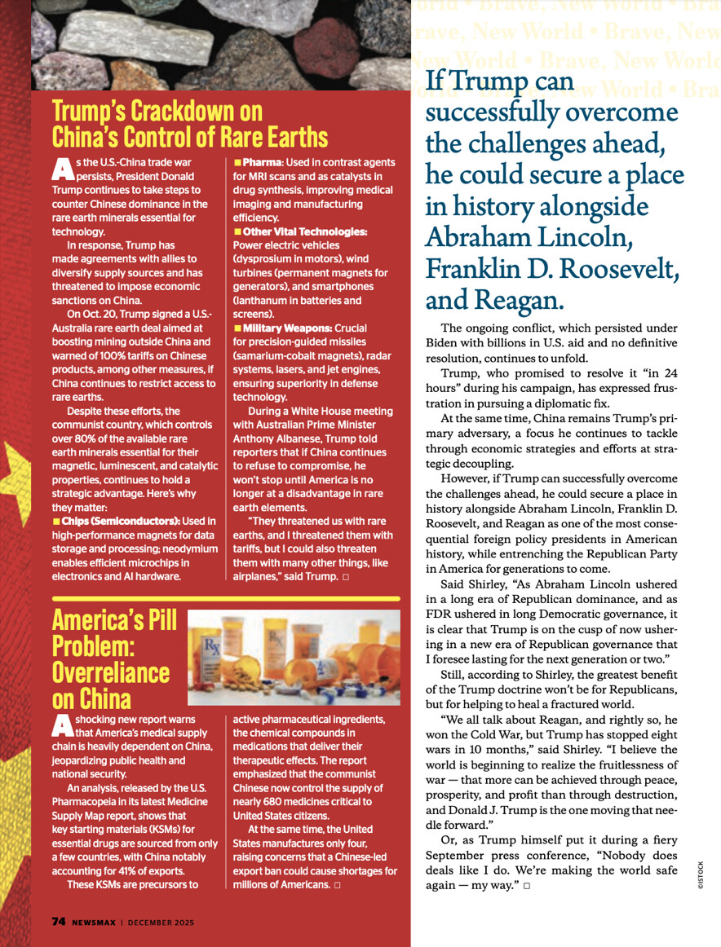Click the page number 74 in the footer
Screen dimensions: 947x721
click(59, 921)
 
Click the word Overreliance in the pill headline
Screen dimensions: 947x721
click(111, 673)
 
